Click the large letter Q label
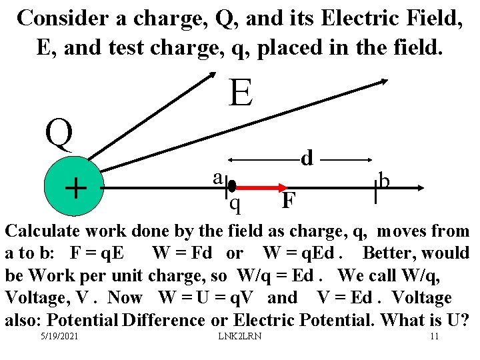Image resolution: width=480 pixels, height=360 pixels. (x=59, y=133)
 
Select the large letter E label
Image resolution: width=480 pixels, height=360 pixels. (x=241, y=93)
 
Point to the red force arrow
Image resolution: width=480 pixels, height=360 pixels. (x=260, y=187)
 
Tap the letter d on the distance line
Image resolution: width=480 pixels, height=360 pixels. (x=307, y=158)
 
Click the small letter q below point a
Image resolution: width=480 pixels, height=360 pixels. (x=235, y=203)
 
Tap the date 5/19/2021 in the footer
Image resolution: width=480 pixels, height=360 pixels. (x=59, y=335)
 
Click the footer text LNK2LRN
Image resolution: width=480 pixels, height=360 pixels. (x=240, y=335)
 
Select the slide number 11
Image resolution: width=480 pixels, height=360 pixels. (x=434, y=335)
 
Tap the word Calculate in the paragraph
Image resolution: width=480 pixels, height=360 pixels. (x=43, y=231)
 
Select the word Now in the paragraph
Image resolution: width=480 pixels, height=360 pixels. (x=125, y=297)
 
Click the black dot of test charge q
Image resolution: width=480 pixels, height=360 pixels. (x=233, y=186)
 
